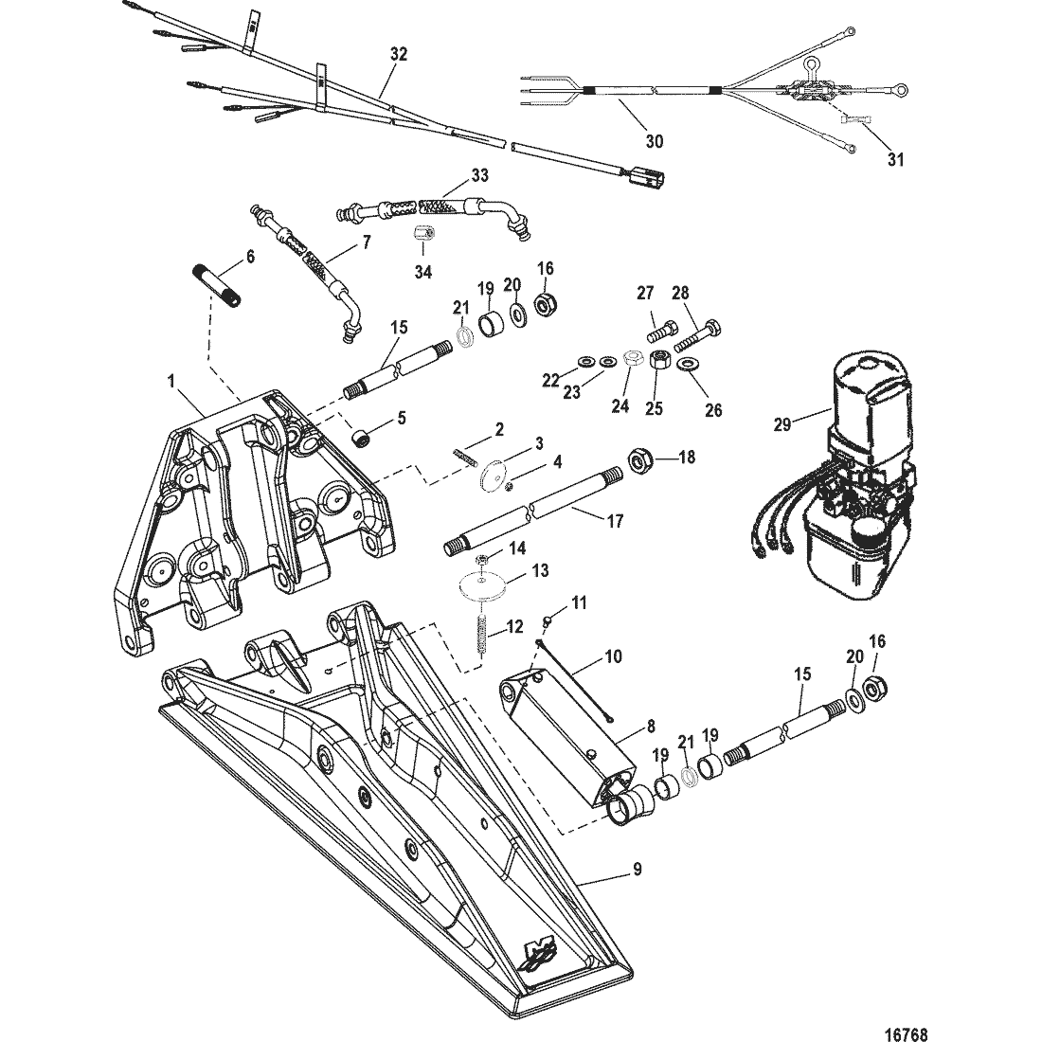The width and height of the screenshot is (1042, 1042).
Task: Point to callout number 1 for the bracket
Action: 171,381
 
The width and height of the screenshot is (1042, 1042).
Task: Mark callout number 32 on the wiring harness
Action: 399,55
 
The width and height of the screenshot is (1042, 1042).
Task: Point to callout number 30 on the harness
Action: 654,141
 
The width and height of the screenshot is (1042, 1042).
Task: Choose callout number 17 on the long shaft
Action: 615,521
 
